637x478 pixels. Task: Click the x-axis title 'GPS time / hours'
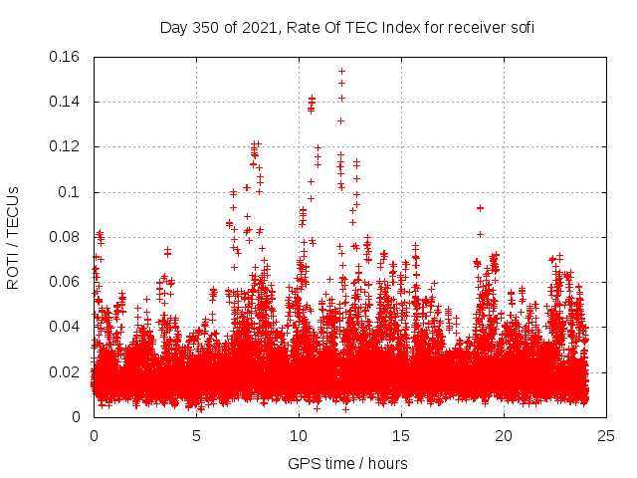pyautogui.click(x=347, y=463)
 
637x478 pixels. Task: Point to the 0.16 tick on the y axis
pyautogui.click(x=66, y=57)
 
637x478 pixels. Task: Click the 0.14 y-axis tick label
pyautogui.click(x=66, y=102)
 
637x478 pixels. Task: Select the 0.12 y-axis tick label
pyautogui.click(x=66, y=146)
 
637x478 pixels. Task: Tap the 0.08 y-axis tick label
pyautogui.click(x=66, y=237)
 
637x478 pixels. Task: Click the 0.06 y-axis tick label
pyautogui.click(x=66, y=282)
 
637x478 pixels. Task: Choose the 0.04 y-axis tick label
pyautogui.click(x=66, y=327)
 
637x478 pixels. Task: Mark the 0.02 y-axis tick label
pyautogui.click(x=66, y=372)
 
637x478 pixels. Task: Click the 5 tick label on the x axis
pyautogui.click(x=197, y=436)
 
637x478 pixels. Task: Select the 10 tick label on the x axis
pyautogui.click(x=300, y=436)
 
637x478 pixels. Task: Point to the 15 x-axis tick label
pyautogui.click(x=402, y=436)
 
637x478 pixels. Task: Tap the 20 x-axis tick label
pyautogui.click(x=505, y=436)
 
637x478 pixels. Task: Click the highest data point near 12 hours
pyautogui.click(x=341, y=72)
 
